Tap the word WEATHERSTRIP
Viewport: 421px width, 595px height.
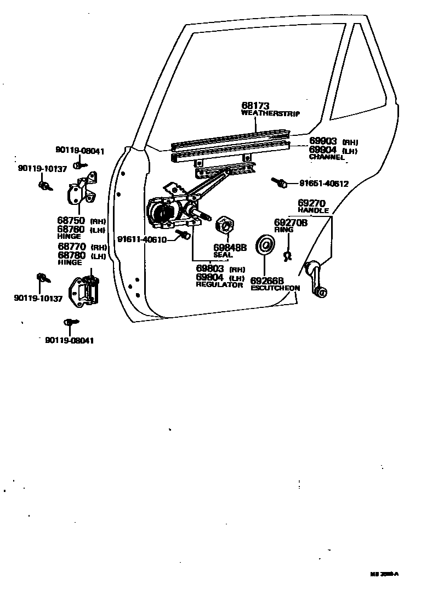point(272,113)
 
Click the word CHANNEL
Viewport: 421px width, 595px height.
point(327,157)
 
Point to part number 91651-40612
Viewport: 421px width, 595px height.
point(323,184)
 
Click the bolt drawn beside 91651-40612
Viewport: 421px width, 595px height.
point(278,182)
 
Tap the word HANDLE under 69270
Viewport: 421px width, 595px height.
point(313,210)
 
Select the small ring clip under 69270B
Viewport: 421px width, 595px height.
point(286,255)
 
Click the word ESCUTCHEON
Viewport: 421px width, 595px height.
point(275,288)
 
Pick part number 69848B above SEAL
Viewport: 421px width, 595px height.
point(230,248)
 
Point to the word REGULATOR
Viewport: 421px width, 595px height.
point(219,285)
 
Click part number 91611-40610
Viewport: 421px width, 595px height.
point(141,239)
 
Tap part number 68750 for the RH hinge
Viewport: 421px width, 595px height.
point(71,221)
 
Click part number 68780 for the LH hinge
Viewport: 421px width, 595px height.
point(71,255)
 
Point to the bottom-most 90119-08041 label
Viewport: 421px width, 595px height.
point(70,340)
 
